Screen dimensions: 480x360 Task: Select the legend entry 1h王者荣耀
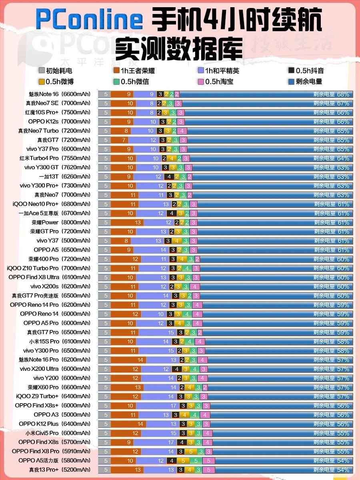[134, 71]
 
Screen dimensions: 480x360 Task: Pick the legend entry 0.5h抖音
[306, 71]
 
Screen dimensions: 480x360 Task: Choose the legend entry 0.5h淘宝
[219, 82]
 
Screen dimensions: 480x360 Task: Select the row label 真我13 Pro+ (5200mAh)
[60, 470]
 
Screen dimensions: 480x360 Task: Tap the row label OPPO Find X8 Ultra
[34, 277]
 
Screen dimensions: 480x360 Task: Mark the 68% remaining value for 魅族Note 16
[343, 94]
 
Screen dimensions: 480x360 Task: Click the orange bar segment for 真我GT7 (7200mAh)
[124, 140]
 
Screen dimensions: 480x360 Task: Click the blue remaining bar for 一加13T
[272, 177]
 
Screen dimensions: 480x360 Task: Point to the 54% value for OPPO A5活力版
[343, 460]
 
